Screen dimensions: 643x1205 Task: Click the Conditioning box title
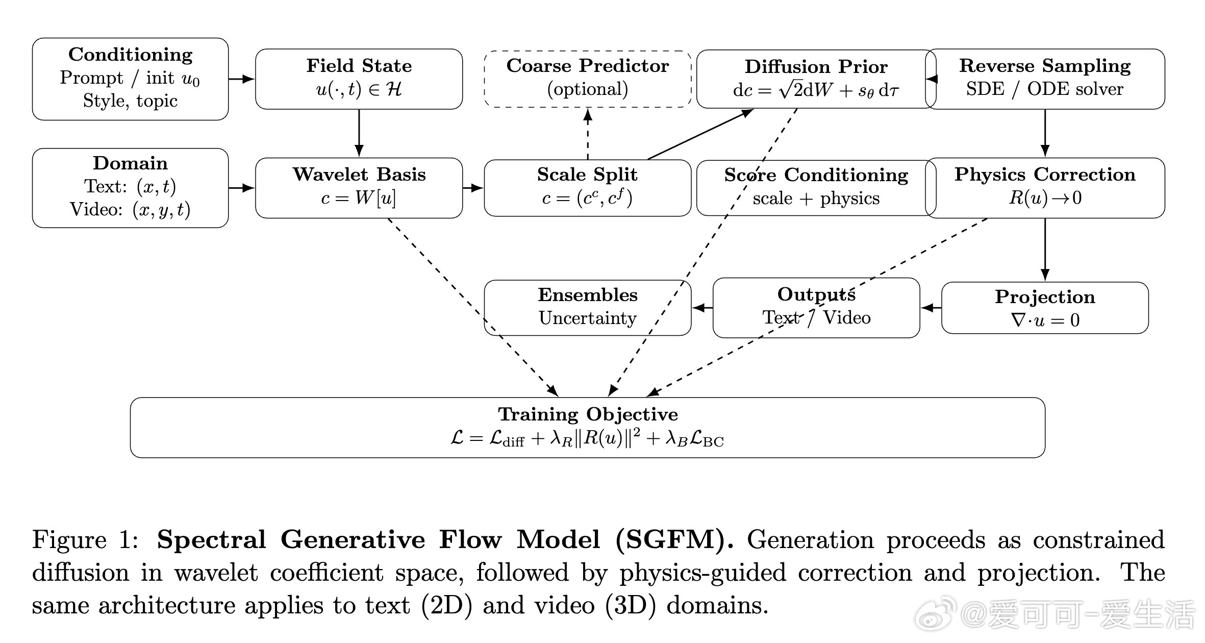click(130, 55)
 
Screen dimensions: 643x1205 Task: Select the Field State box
click(359, 79)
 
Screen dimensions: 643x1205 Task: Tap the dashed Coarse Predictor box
click(587, 79)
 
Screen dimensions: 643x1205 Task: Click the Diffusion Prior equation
click(816, 90)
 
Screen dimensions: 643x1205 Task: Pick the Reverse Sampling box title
click(1045, 66)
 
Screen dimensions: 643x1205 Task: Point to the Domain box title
click(130, 163)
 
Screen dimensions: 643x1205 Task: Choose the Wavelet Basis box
click(359, 187)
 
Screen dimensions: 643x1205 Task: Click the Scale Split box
click(587, 187)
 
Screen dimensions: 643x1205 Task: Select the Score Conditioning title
click(816, 175)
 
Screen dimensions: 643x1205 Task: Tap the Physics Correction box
click(1045, 187)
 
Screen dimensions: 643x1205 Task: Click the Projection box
click(1045, 308)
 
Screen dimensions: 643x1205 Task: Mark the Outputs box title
click(816, 294)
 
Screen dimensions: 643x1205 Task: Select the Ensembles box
click(587, 307)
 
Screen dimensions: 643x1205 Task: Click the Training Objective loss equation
click(587, 439)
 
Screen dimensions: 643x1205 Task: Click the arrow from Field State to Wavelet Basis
click(359, 133)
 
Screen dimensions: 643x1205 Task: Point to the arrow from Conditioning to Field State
click(241, 79)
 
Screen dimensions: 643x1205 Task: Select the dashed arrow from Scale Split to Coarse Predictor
click(588, 134)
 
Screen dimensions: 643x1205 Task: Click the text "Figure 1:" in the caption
click(85, 540)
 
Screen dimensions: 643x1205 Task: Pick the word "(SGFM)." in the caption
click(674, 540)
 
